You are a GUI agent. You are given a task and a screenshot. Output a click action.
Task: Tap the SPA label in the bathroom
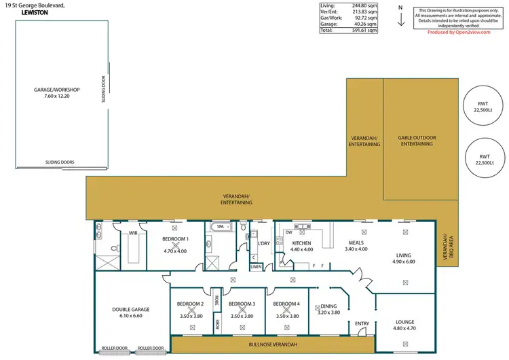pyautogui.click(x=220, y=226)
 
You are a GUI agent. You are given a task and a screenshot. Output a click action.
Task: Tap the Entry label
pyautogui.click(x=361, y=323)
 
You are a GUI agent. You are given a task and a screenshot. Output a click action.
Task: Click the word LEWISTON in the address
pyautogui.click(x=21, y=13)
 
